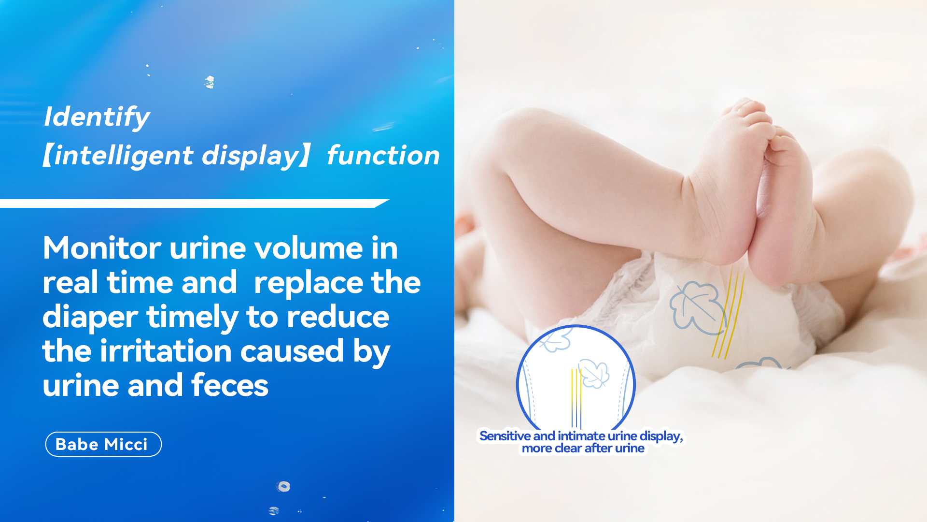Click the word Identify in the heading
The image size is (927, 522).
(x=97, y=117)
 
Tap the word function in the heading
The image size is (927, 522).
(x=383, y=156)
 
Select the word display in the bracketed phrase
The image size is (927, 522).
(x=251, y=156)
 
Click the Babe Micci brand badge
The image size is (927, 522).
(x=103, y=444)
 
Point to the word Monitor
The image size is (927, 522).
(x=102, y=248)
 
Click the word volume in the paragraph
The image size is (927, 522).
(x=309, y=248)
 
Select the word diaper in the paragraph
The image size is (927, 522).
(x=90, y=318)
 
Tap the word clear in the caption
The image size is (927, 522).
(x=568, y=449)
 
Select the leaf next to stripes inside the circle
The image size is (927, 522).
(x=593, y=373)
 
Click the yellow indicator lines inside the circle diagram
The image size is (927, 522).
(x=576, y=398)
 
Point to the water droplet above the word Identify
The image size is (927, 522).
(x=209, y=82)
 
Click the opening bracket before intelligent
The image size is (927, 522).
(x=47, y=156)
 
